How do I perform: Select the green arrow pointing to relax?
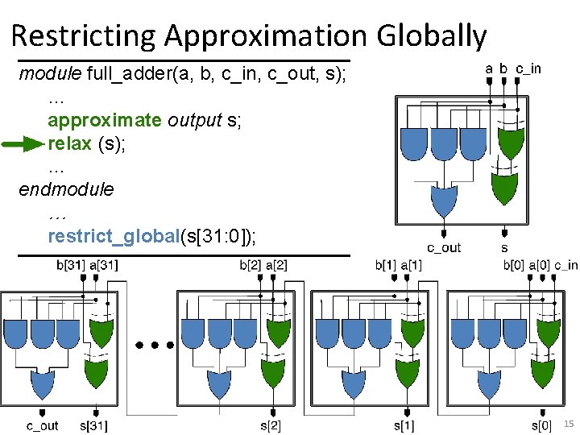click(23, 145)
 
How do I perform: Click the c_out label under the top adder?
click(443, 247)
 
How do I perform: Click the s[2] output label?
click(270, 425)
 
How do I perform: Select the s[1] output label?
click(404, 425)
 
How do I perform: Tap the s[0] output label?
click(541, 425)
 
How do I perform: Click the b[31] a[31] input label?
click(87, 266)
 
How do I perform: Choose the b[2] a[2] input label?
click(263, 266)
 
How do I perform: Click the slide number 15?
click(569, 424)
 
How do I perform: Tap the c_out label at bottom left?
click(42, 425)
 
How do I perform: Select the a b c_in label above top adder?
click(513, 69)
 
